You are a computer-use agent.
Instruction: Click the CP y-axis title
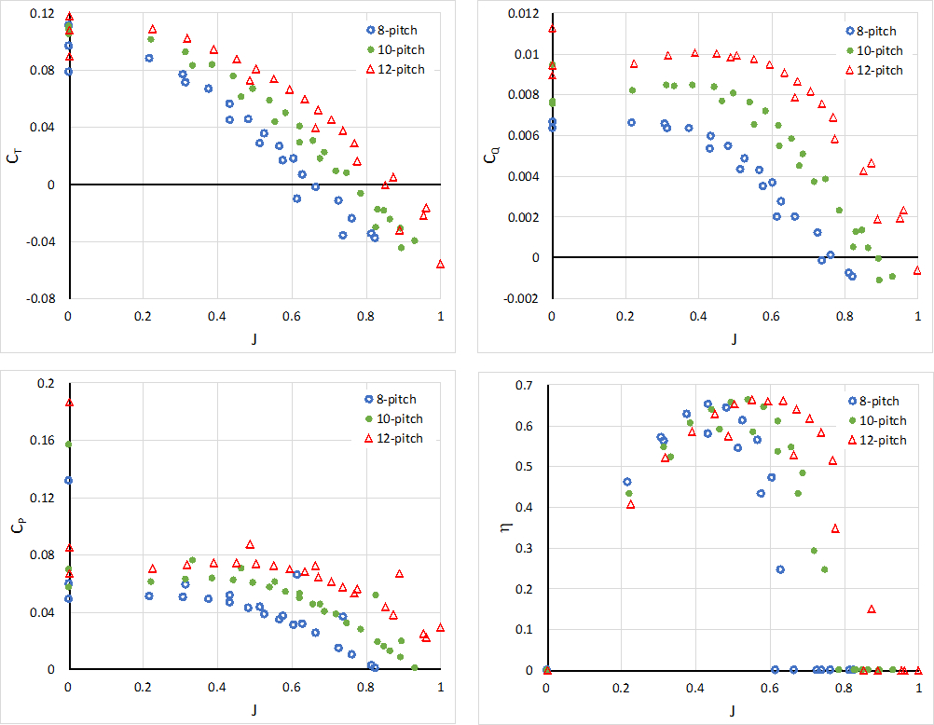[x=12, y=526]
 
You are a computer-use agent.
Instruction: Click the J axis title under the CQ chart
[x=734, y=339]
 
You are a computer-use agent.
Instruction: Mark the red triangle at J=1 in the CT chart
[x=440, y=264]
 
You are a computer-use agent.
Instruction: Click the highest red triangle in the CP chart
[x=68, y=403]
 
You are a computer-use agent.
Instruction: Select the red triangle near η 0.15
[x=872, y=609]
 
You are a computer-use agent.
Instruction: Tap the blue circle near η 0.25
[x=780, y=569]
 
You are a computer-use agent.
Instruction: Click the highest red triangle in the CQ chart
[x=552, y=28]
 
